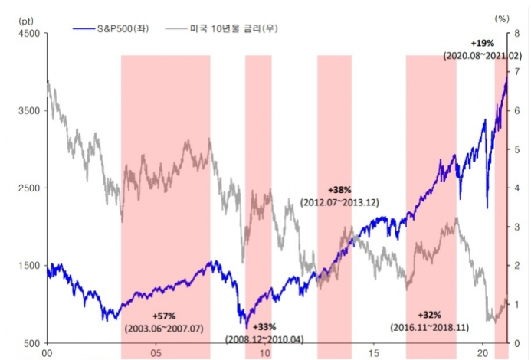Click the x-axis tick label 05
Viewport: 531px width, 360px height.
coord(156,353)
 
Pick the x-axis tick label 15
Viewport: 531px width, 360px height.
coord(373,353)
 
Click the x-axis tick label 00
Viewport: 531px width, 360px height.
coord(48,353)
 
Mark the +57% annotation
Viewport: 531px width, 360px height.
coord(164,315)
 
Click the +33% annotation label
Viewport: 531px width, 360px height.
coord(264,326)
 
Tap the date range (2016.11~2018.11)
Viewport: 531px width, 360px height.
coord(430,327)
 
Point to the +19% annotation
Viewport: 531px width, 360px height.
coord(483,44)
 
